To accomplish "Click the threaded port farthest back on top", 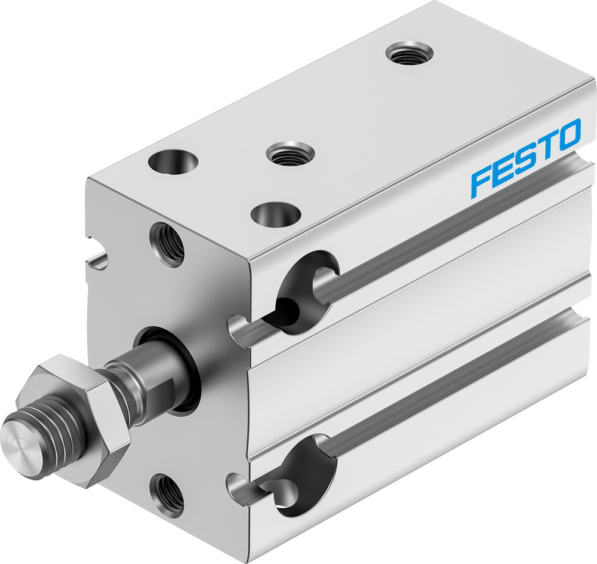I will [409, 53].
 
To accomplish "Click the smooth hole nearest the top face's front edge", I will [275, 213].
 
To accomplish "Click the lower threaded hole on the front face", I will [167, 490].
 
